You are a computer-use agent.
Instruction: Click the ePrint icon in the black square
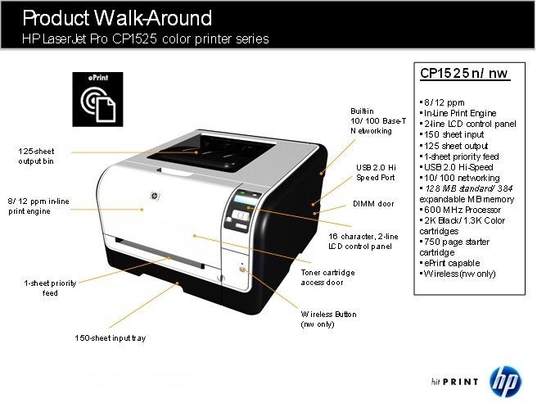[97, 99]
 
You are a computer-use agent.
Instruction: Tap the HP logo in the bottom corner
[505, 381]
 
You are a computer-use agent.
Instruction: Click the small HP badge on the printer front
[155, 196]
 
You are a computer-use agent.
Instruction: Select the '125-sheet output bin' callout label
[36, 156]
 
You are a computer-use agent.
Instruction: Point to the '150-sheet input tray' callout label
[111, 338]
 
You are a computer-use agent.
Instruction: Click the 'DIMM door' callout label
[373, 204]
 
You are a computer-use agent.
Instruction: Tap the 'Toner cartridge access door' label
[327, 278]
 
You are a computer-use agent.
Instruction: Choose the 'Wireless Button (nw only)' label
[328, 319]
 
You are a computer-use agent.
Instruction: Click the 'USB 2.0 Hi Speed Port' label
[376, 172]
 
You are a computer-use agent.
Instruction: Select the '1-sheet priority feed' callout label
[50, 288]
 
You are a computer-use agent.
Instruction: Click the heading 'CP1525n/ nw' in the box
[465, 74]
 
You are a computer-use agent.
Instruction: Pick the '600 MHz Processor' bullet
[460, 210]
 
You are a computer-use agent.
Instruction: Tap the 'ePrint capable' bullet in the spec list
[449, 263]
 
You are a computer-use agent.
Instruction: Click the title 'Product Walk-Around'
[117, 18]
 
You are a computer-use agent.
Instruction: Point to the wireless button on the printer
[243, 269]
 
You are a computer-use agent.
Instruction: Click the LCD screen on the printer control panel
[246, 201]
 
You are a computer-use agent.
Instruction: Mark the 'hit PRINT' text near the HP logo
[455, 382]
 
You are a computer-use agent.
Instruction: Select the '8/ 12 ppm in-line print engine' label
[38, 206]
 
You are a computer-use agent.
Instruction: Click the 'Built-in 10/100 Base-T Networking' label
[378, 121]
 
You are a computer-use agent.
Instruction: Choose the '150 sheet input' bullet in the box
[452, 134]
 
